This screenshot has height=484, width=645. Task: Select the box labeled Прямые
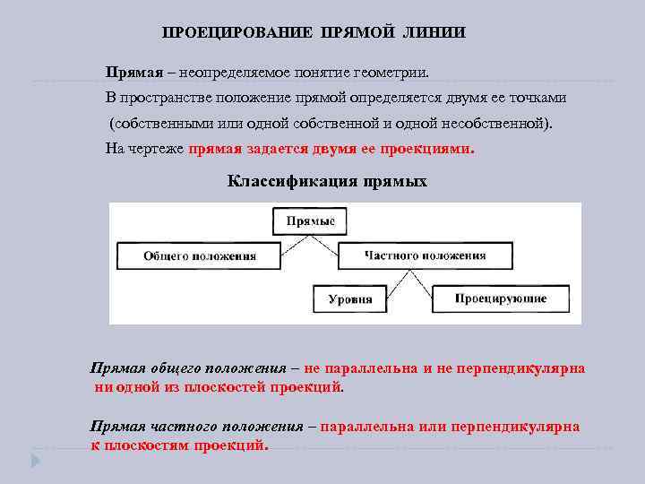click(311, 220)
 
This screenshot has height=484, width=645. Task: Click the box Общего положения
click(200, 255)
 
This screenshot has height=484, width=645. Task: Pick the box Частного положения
click(426, 255)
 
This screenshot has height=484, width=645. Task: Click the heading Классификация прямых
click(327, 182)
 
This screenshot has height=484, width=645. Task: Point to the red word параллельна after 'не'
click(370, 368)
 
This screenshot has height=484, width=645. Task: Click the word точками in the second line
click(537, 97)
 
